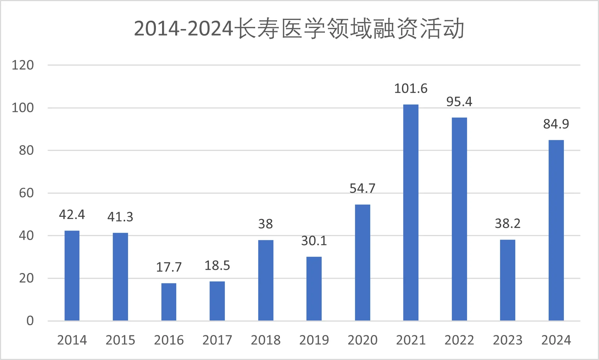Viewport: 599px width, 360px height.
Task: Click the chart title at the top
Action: point(299,29)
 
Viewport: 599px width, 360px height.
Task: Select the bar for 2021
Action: point(411,212)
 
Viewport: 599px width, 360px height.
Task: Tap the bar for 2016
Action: point(169,302)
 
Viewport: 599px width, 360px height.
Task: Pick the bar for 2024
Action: point(556,230)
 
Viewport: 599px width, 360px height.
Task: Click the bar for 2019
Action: point(314,289)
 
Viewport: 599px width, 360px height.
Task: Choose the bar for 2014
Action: point(72,276)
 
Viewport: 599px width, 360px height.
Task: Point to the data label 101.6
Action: point(411,88)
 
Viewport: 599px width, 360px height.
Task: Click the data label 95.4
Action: point(459,102)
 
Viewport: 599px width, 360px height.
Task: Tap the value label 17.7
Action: point(169,267)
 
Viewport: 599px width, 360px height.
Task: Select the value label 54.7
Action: point(362,189)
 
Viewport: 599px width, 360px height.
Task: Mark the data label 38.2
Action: point(508,224)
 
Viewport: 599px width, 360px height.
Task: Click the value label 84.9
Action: point(556,124)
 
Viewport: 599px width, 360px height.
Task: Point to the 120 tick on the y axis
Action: point(23,65)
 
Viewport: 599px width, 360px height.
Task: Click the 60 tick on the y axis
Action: point(26,193)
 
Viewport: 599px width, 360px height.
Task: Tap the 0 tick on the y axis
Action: point(30,320)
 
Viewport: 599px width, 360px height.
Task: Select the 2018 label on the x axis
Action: point(265,340)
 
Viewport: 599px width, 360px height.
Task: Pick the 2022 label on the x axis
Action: point(459,340)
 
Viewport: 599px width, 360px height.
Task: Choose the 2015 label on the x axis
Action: point(120,340)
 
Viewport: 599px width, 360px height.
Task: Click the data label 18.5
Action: point(217,266)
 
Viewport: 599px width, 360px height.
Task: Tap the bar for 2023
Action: point(508,280)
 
